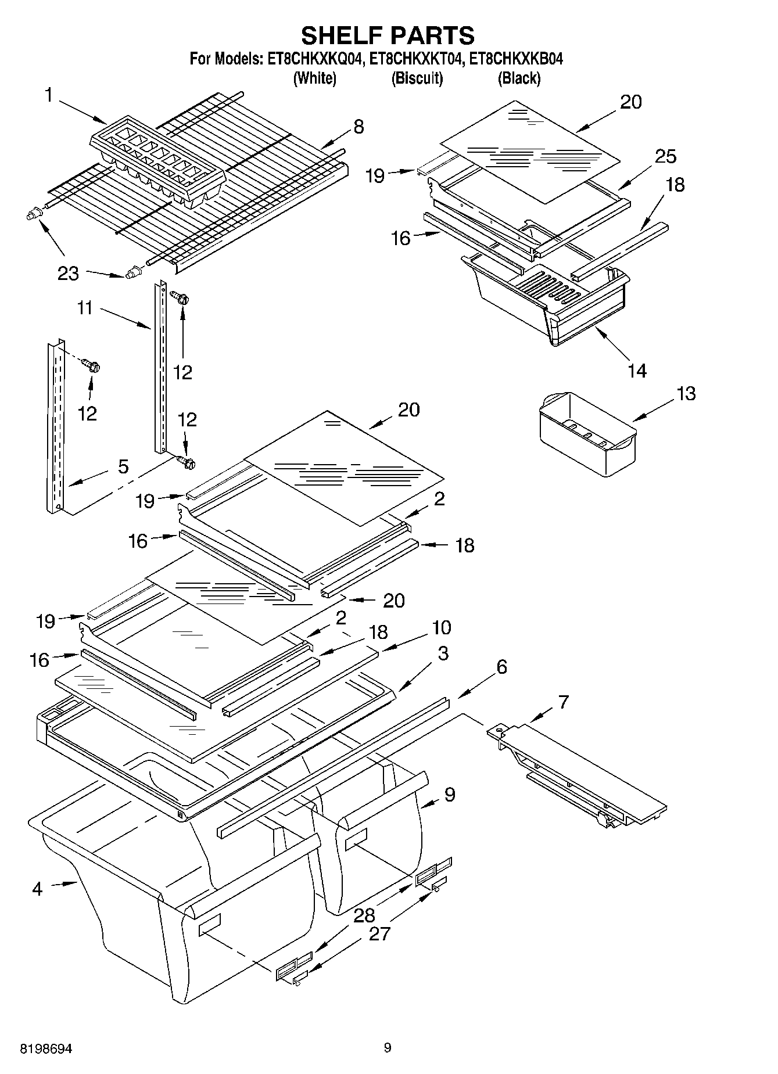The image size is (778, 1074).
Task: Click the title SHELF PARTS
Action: [388, 35]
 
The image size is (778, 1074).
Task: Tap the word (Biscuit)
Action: [417, 78]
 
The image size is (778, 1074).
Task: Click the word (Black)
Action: [519, 78]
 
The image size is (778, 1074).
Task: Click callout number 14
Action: [637, 370]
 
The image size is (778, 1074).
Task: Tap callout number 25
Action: [665, 156]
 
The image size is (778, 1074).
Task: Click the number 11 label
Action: [85, 307]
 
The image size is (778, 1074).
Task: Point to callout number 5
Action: [123, 466]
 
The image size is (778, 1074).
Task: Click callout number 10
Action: [441, 627]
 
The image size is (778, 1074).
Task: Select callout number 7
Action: [563, 702]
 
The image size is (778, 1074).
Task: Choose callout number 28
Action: [364, 915]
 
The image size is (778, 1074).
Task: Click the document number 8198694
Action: [46, 1048]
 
